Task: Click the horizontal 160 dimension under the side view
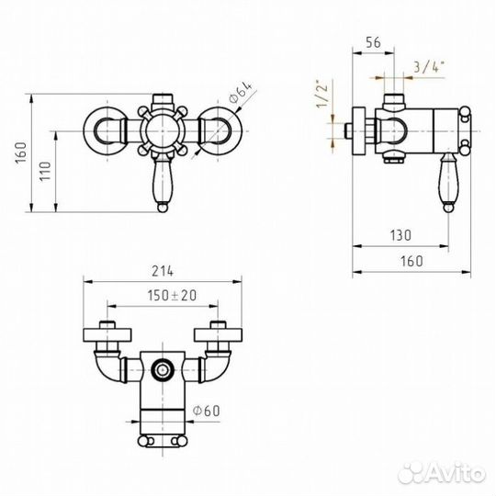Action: click(411, 261)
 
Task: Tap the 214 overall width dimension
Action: click(163, 272)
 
